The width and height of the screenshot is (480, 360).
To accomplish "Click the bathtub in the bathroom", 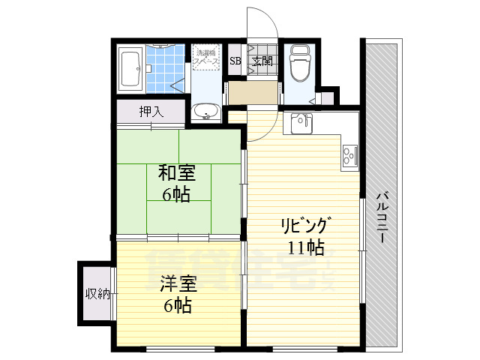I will pos(132,69).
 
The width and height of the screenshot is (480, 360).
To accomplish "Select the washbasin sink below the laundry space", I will pos(205,112).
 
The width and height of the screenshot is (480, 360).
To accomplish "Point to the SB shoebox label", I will pos(235,61).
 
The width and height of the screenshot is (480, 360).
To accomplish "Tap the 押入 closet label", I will pos(151,112).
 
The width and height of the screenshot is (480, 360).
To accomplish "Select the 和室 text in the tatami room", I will pos(176,173).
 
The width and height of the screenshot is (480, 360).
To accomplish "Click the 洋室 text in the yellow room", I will pos(177,284).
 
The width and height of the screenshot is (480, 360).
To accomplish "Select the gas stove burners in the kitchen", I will pos(350,154).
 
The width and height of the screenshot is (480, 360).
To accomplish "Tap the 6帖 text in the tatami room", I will pos(176,195).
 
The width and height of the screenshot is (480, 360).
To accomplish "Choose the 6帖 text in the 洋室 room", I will pos(177,305).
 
